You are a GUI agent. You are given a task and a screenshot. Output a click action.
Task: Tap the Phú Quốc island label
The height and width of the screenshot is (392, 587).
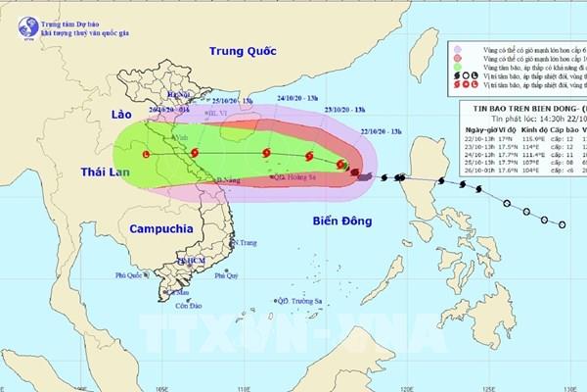coord(128,276)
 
